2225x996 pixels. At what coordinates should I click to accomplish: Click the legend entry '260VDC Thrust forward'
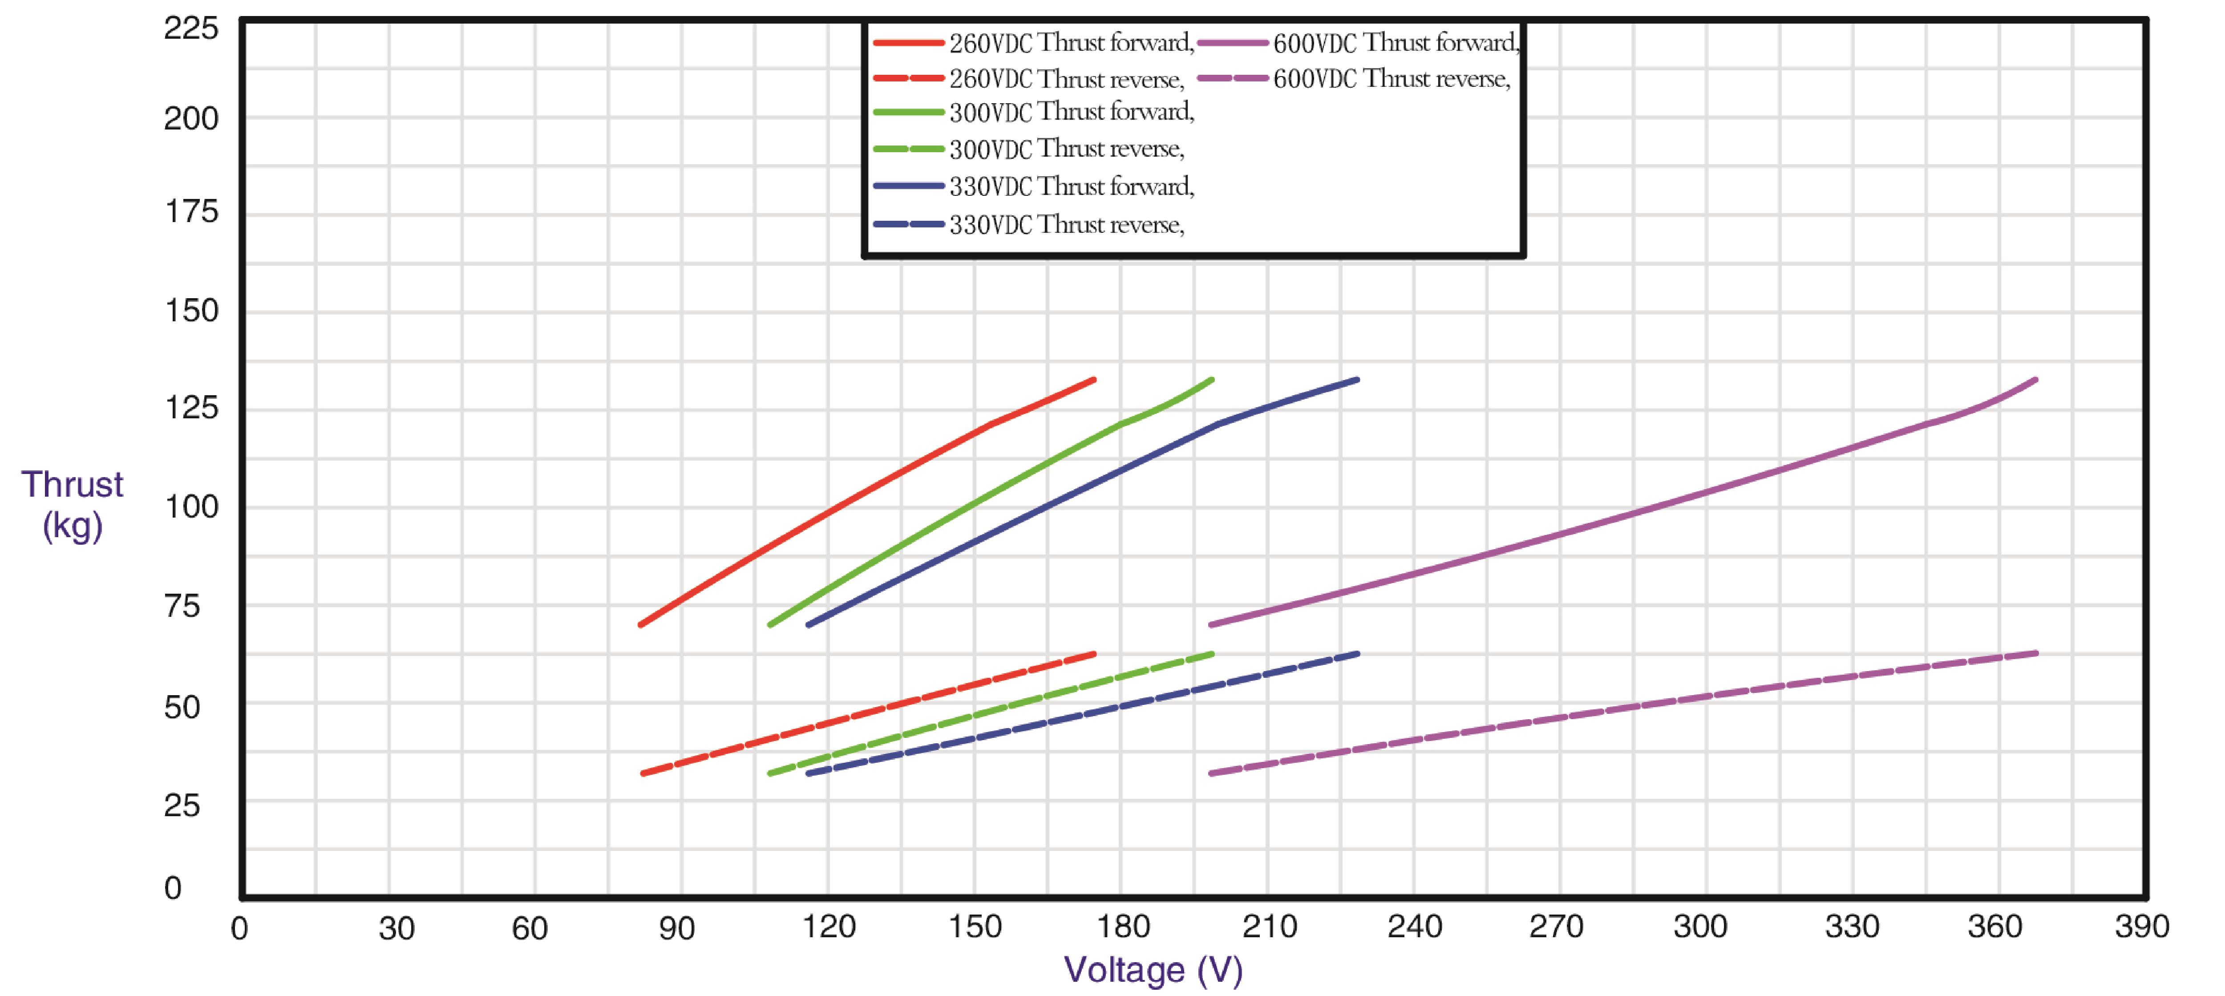[1071, 42]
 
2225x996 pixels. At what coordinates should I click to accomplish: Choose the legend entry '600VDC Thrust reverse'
[1391, 79]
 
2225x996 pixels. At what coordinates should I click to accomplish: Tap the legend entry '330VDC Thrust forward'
[1071, 186]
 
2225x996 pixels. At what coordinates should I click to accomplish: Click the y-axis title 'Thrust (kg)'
[73, 505]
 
